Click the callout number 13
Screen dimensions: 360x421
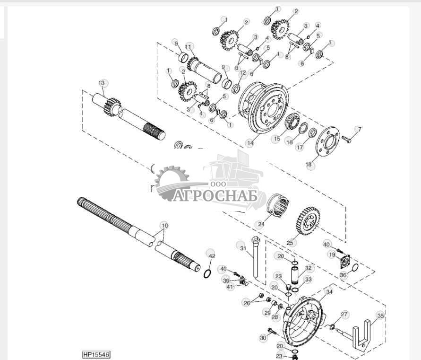[x=102, y=83]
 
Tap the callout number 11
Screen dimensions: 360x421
[x=189, y=47]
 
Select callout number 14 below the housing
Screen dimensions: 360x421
[x=250, y=142]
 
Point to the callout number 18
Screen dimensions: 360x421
[x=309, y=165]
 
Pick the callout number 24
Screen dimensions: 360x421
[x=260, y=224]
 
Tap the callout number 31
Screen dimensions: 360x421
[x=243, y=248]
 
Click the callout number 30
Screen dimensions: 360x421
[x=263, y=338]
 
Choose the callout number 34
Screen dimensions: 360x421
[x=329, y=292]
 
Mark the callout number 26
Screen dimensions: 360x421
[x=247, y=303]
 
